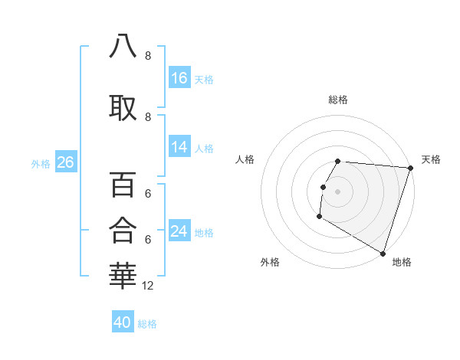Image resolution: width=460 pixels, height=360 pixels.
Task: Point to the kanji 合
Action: [x=123, y=228]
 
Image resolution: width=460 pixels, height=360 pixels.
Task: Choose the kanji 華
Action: [x=123, y=273]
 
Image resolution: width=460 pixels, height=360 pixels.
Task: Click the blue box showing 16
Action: [x=179, y=78]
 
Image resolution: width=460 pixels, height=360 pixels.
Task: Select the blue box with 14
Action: [x=179, y=147]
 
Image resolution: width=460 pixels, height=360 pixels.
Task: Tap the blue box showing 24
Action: [x=179, y=231]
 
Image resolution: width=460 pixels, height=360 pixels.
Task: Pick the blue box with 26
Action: [x=65, y=162]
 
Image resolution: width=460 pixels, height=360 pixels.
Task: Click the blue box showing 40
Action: [x=123, y=322]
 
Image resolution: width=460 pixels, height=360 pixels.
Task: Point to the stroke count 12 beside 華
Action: [x=148, y=286]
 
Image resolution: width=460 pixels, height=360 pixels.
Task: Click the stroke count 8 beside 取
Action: [x=148, y=116]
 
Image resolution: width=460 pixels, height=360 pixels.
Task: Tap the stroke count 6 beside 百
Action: [x=148, y=195]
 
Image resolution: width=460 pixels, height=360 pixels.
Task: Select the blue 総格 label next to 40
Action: [x=147, y=324]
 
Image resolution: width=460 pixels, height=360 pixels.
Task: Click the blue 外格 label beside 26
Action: [x=41, y=164]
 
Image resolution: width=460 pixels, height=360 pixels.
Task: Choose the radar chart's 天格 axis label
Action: [x=431, y=159]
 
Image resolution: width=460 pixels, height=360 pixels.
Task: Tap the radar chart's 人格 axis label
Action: [x=245, y=159]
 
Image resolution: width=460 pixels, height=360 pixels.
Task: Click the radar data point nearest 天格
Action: [x=410, y=168]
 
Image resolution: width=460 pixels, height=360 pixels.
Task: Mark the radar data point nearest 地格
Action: [x=383, y=253]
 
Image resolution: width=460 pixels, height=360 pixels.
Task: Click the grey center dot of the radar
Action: [x=337, y=191]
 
